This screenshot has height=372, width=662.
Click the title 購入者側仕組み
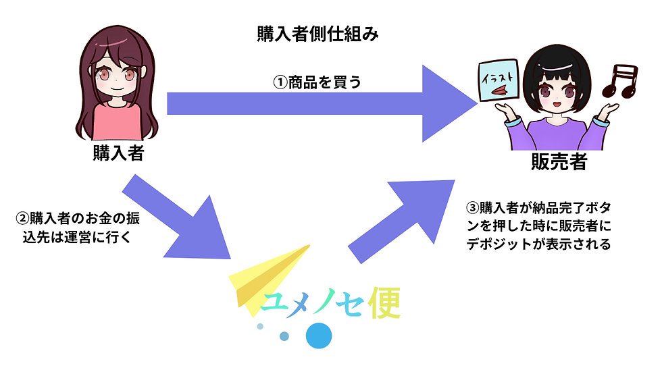tap(317, 34)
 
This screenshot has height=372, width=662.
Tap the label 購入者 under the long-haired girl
tap(119, 153)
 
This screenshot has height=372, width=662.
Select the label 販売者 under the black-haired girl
tap(559, 161)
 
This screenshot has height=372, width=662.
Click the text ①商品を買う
tap(317, 82)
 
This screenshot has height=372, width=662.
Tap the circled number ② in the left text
tap(22, 219)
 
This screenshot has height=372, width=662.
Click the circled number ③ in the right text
tap(472, 208)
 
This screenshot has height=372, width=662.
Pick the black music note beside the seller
tap(620, 80)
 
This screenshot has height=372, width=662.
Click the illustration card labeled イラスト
tap(499, 80)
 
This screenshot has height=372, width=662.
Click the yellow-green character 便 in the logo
tap(384, 303)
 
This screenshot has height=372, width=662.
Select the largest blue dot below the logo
tap(319, 336)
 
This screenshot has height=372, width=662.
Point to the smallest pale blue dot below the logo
tap(260, 326)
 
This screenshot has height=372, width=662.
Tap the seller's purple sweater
tap(557, 135)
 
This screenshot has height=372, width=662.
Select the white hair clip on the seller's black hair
tap(557, 67)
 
